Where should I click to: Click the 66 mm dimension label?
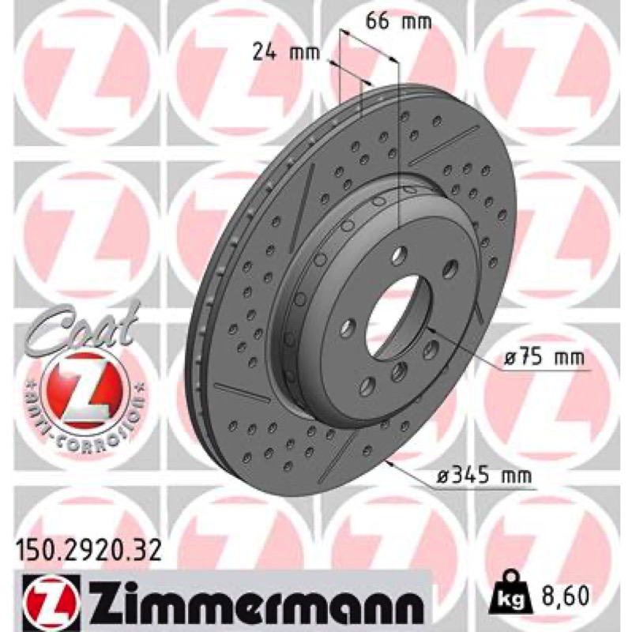398,22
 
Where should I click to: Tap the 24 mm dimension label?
286,52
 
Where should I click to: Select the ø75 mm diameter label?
544,357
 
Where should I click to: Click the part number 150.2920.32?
88,551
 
